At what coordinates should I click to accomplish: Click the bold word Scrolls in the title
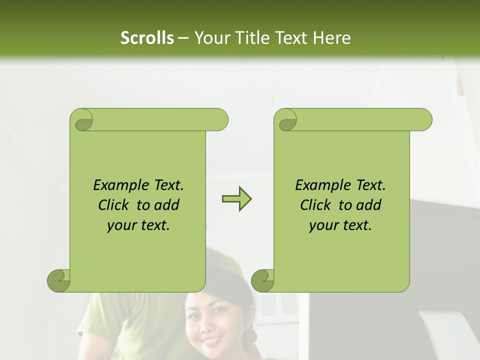point(147,38)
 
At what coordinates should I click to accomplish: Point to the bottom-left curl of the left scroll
point(59,280)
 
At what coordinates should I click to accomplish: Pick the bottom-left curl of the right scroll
point(263,280)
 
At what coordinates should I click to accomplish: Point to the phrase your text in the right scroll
point(340,225)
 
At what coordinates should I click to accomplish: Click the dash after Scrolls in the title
point(183,38)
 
